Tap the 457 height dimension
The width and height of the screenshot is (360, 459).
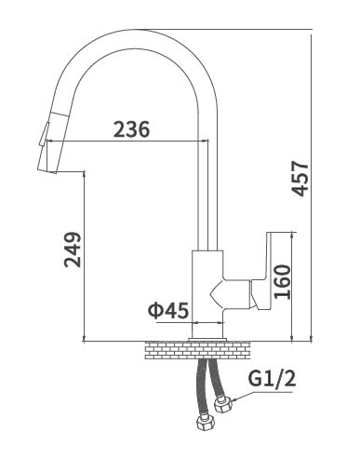click(300, 178)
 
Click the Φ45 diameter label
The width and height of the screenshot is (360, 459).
click(168, 310)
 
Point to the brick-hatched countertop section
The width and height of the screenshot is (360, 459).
click(198, 350)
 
